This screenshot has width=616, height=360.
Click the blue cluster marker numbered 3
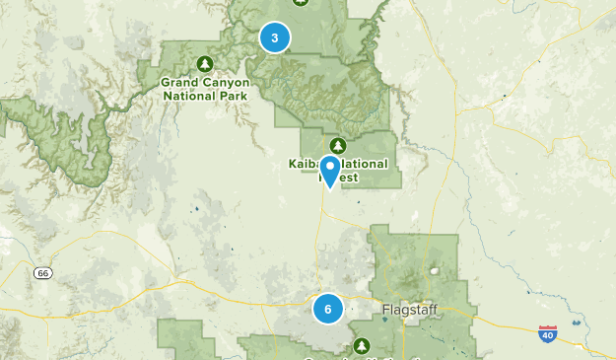[x=275, y=37]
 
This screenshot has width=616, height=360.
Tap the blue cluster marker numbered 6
[x=328, y=309]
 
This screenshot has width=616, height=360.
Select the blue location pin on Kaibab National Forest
[x=329, y=170]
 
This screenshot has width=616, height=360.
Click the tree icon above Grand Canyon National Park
[x=205, y=64]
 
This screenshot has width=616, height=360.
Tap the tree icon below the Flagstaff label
[x=361, y=346]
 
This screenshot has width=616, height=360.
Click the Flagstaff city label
[x=405, y=311]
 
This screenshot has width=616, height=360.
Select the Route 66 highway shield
[x=40, y=272]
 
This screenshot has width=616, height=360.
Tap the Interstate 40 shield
[x=547, y=335]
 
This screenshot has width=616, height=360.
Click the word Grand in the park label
[x=181, y=83]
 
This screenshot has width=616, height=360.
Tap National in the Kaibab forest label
[x=364, y=164]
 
